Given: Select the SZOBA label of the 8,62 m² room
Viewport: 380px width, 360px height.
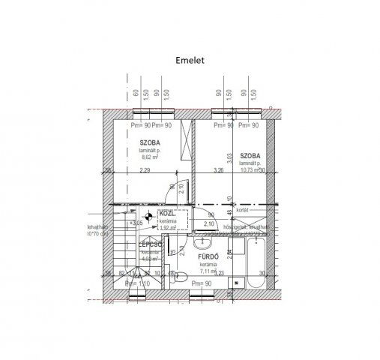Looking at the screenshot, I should click(150, 140).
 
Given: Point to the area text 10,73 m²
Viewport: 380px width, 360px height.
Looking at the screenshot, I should click(250, 169).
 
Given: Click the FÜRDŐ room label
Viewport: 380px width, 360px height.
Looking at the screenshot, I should click(208, 257).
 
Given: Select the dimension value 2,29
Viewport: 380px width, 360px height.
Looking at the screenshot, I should click(145, 171).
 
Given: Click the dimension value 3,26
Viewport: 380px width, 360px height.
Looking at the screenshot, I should click(218, 171).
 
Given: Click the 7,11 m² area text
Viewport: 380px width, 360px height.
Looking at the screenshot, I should click(208, 271).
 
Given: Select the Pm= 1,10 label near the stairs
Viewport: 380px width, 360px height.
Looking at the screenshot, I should click(138, 284).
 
